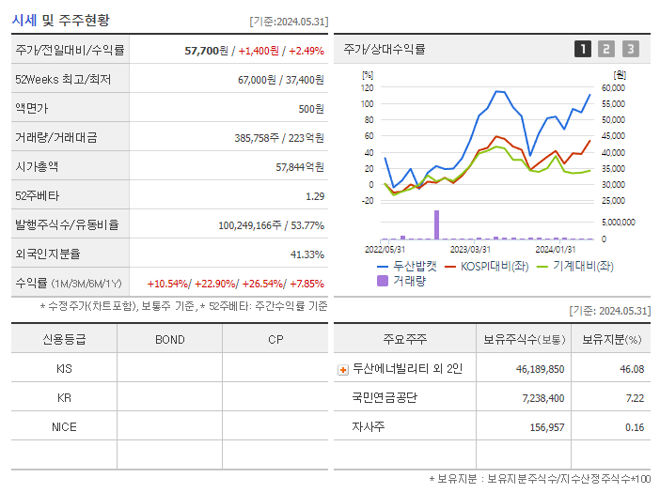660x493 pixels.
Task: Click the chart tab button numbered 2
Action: coord(606,49)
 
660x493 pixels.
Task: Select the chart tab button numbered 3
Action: coord(630,49)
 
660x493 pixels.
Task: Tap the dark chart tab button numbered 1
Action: coord(583,49)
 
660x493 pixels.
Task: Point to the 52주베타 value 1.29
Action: coord(315,196)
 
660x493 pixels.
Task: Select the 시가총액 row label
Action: coord(37,167)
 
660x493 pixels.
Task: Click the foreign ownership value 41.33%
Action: coord(307,254)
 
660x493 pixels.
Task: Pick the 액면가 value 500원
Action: coord(311,109)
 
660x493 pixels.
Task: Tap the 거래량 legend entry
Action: coord(401,280)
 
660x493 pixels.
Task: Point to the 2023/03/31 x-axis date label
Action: coord(470,249)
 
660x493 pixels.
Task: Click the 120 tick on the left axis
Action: coord(368,87)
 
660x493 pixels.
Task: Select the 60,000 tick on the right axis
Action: coord(613,87)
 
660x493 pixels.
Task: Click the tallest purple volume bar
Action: coord(436,224)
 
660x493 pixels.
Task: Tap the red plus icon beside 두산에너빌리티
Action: coord(343,369)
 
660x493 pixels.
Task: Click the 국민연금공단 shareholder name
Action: coord(385,398)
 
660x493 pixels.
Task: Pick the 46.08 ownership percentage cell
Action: coord(631,369)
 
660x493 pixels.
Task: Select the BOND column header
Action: coord(169,339)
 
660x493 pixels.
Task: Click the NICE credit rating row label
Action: coord(64,427)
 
